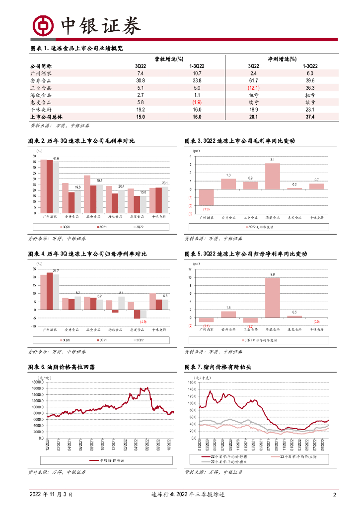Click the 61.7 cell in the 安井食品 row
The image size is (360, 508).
point(253,80)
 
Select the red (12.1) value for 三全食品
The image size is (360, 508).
point(253,88)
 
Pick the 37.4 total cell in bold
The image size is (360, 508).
point(310,117)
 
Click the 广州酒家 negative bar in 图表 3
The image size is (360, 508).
point(206,197)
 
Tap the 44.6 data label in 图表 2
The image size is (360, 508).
point(56,158)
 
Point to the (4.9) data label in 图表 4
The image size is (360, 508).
point(143,322)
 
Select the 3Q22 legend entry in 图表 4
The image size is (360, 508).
point(143,340)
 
